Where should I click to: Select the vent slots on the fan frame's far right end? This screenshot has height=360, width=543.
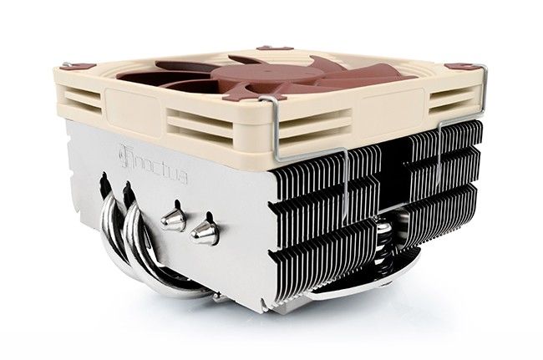click(455, 100)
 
